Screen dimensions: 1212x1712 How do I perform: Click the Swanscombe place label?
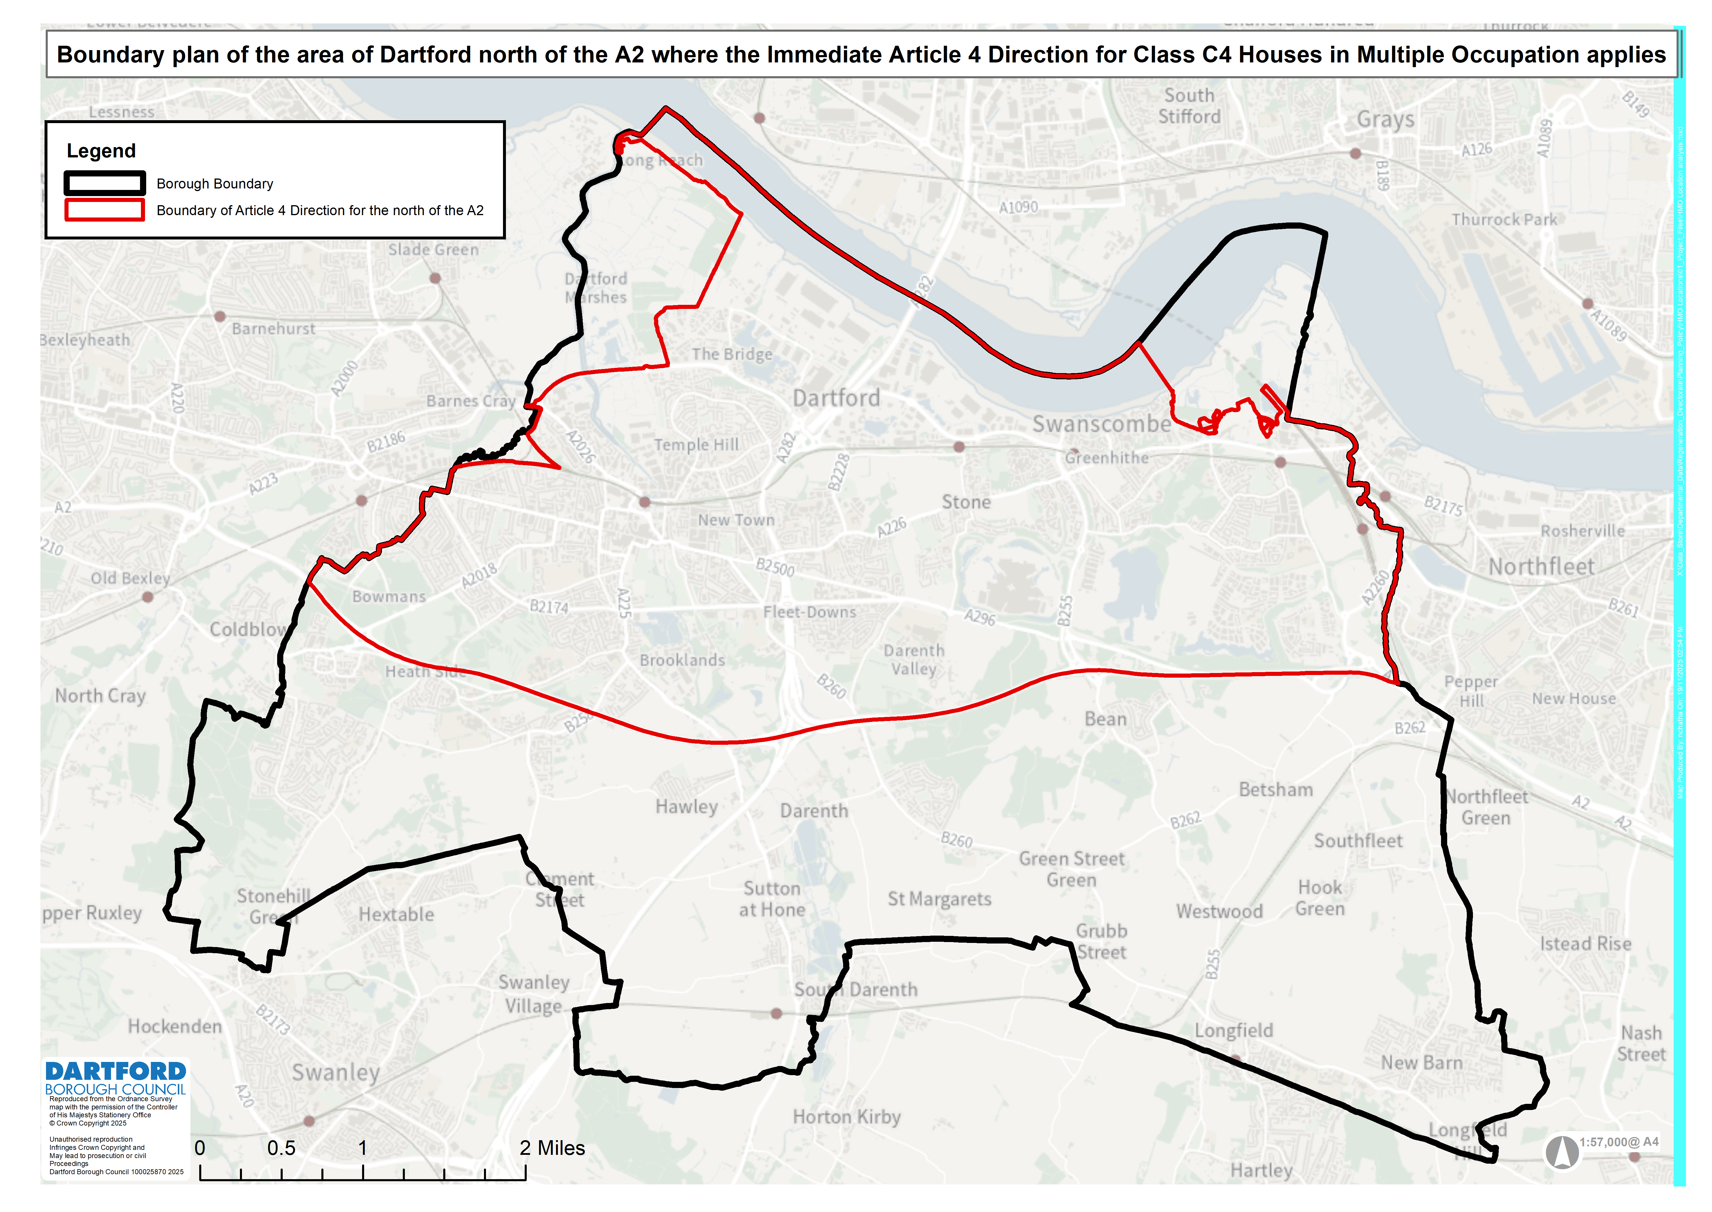[1101, 424]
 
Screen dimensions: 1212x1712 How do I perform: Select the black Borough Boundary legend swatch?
[104, 183]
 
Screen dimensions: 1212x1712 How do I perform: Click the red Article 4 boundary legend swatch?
[104, 210]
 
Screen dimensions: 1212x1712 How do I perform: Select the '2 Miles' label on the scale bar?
[552, 1148]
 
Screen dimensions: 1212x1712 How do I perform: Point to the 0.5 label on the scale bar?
[281, 1148]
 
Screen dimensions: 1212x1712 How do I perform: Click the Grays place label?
[1385, 119]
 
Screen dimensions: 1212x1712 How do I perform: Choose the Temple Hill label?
[696, 445]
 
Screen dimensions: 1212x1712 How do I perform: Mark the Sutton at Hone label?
[772, 899]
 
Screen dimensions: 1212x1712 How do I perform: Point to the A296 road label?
[979, 616]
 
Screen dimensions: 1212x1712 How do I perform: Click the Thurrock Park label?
[1504, 220]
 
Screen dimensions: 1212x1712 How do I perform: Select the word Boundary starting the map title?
[104, 55]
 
